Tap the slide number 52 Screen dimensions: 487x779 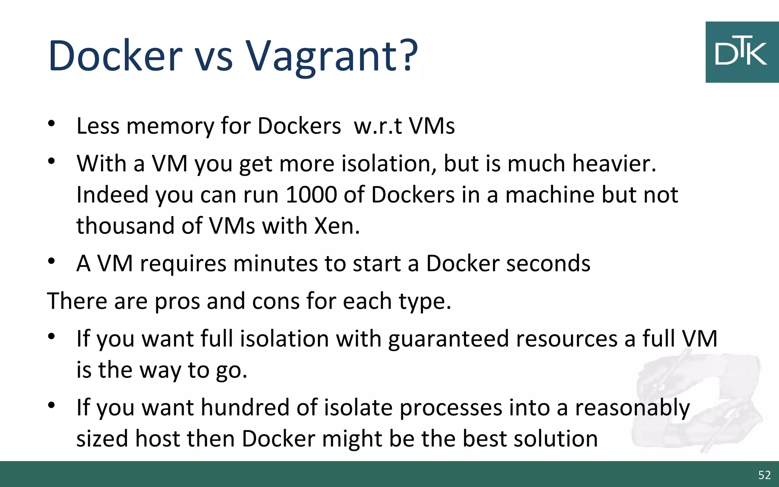point(764,475)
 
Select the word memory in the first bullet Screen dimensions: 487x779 point(170,126)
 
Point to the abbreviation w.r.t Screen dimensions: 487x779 point(377,126)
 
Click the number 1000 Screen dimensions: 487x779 point(311,195)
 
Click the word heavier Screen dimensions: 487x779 point(614,164)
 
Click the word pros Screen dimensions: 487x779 point(177,301)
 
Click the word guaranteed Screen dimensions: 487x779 point(448,339)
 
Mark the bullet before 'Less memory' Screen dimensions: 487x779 point(52,123)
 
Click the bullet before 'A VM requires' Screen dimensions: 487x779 point(52,261)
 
